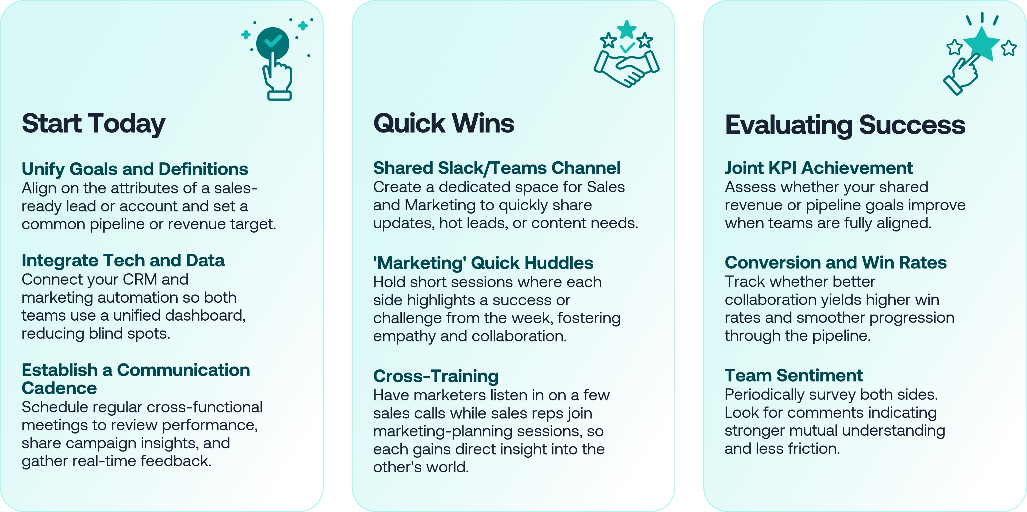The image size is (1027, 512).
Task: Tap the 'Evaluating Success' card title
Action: [x=845, y=125]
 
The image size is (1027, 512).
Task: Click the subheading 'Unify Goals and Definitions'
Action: [x=135, y=169]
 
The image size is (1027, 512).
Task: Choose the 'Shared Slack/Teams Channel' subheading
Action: [x=497, y=168]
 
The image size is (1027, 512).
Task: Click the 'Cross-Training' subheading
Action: [x=436, y=376]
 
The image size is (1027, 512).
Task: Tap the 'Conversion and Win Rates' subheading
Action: [x=836, y=263]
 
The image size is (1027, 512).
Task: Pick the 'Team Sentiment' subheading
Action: [x=793, y=375]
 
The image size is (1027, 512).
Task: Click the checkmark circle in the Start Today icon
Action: [x=273, y=43]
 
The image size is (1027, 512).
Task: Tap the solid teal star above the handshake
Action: [x=627, y=29]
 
